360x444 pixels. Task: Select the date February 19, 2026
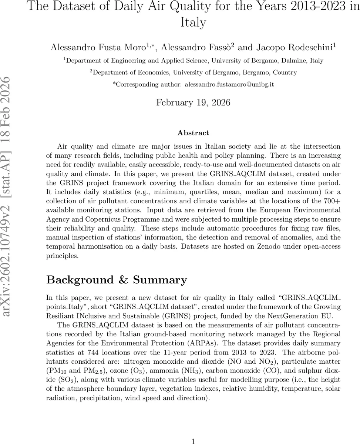pos(193,102)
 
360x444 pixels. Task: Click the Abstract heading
pos(193,133)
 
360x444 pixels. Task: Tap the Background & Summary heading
pos(117,280)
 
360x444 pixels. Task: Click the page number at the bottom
pos(193,441)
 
